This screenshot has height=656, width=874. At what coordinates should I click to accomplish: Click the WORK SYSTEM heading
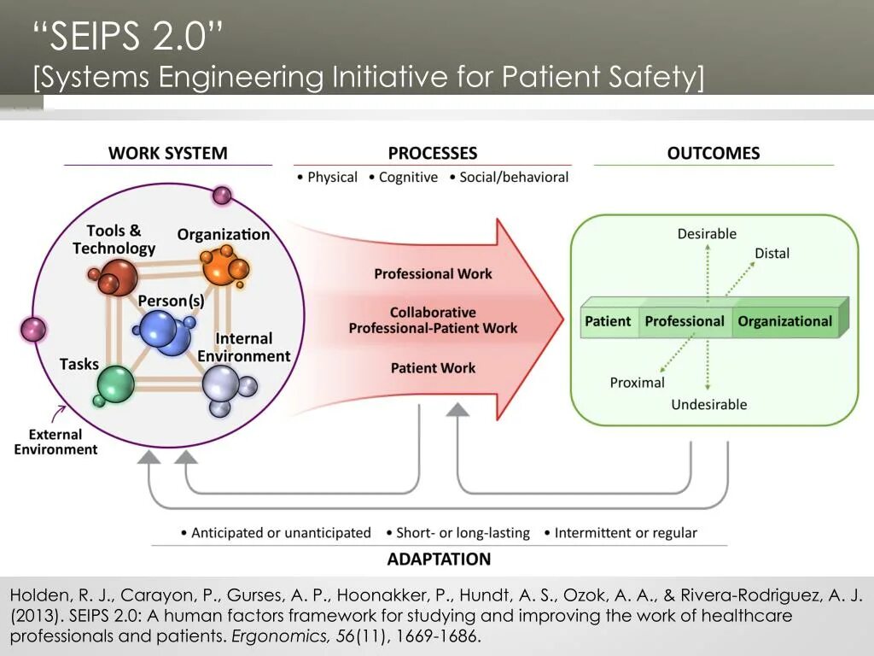(x=167, y=154)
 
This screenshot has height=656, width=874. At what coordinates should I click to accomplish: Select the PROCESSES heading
(x=432, y=154)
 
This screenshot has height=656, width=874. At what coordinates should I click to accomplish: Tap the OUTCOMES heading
(x=713, y=154)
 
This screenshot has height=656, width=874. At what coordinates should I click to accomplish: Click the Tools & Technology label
(x=114, y=240)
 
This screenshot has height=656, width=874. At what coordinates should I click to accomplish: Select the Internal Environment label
(x=243, y=348)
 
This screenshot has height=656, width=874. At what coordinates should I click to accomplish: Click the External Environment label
(x=55, y=442)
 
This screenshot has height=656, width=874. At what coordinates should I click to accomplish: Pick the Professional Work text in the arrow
(x=433, y=274)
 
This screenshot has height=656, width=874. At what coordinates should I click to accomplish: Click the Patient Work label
(x=433, y=368)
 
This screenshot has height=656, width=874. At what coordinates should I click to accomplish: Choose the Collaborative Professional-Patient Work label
(x=433, y=320)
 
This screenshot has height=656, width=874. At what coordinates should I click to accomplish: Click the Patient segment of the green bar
(x=608, y=322)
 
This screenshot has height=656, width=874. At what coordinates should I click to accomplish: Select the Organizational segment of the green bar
(x=784, y=322)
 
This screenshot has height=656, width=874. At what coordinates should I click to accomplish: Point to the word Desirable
(x=707, y=234)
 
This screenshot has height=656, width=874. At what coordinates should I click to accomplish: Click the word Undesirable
(x=708, y=405)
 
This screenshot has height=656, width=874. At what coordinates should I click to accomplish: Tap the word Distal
(x=772, y=254)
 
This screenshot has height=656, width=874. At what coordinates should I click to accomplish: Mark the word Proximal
(x=637, y=383)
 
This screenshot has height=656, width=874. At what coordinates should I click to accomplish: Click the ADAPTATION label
(x=439, y=559)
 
